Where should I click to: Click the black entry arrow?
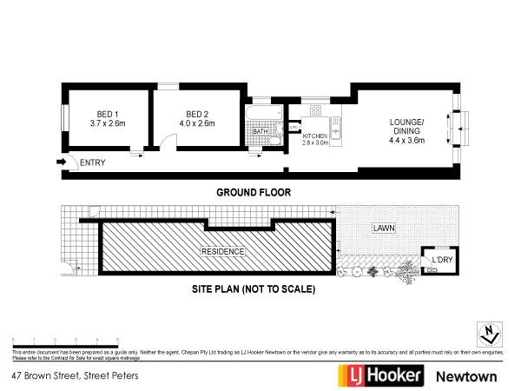[x=62, y=162]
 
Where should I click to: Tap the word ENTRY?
[x=91, y=162]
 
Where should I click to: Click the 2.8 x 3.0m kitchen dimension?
[x=314, y=142]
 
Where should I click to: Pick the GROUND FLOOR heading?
[x=253, y=192]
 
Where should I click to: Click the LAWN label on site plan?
[x=383, y=229]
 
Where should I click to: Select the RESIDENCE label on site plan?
[x=223, y=252]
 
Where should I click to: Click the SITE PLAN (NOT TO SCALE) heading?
[x=254, y=288]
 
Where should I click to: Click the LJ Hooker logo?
[x=380, y=375]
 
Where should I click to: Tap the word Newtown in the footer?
[x=465, y=376]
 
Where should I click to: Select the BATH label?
[x=260, y=131]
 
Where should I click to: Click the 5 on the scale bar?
[x=117, y=339]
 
